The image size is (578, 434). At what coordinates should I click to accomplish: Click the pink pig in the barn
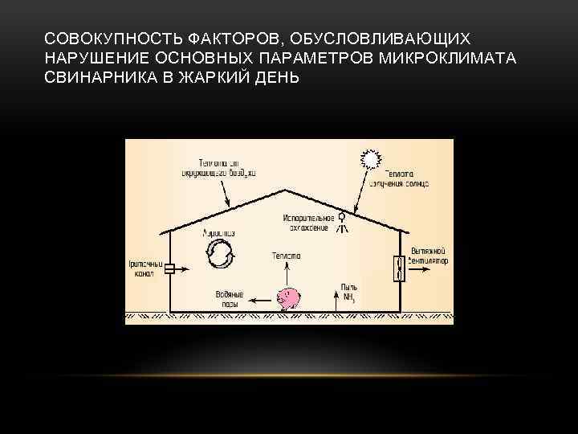coord(288,299)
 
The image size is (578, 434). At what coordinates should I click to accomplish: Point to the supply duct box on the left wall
coord(169,269)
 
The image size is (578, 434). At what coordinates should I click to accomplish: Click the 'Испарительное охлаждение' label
coord(307,223)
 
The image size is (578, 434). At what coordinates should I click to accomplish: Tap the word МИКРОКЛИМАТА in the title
coord(456,58)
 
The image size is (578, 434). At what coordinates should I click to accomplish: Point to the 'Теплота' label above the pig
coord(287,256)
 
